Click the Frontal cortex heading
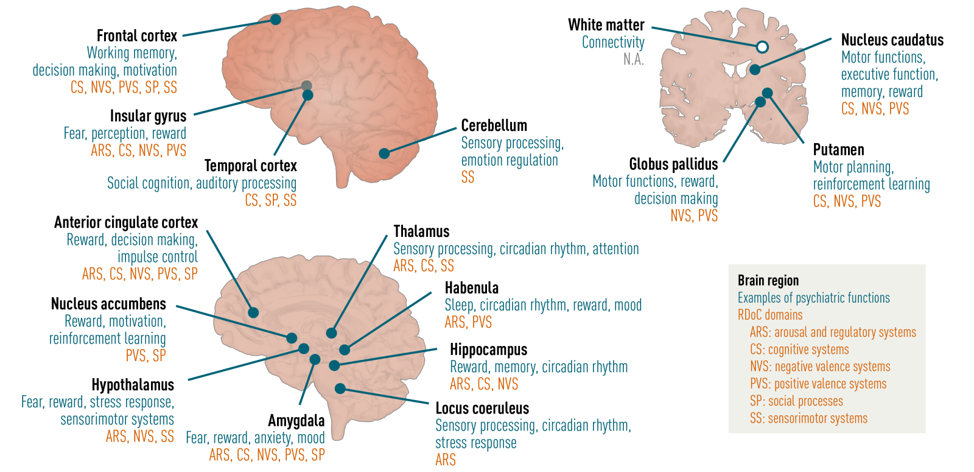(137, 36)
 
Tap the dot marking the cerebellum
(384, 153)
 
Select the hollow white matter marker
(762, 47)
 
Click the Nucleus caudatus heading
(892, 40)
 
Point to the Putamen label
(838, 150)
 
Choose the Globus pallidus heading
(673, 164)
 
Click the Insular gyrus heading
(148, 116)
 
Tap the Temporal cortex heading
(250, 166)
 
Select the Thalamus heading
(421, 231)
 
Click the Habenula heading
(471, 288)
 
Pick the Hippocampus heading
(488, 350)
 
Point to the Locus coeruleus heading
(482, 408)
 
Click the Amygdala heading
(296, 421)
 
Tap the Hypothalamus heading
(133, 385)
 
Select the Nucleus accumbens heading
(108, 304)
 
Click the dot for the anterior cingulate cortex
(253, 312)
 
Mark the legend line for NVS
(819, 367)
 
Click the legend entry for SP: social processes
(796, 401)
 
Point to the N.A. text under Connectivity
(633, 60)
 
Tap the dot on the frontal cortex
(275, 19)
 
